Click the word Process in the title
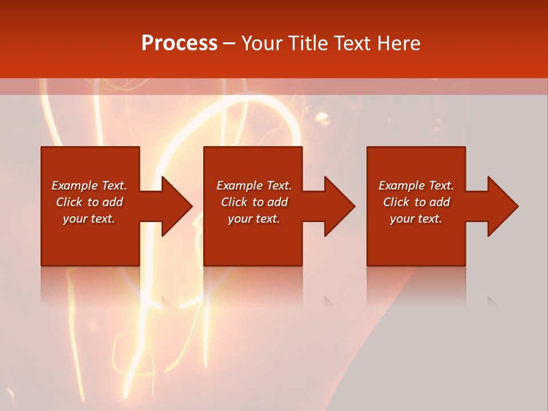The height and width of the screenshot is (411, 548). pos(179,43)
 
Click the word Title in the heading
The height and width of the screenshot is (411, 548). pos(308,43)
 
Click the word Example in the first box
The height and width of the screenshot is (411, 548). pos(74,186)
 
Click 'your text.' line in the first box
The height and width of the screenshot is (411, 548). pos(88,219)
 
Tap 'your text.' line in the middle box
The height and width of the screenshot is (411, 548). pos(253,219)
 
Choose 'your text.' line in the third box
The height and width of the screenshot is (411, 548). pos(416,219)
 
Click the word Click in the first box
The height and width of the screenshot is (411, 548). pos(69,202)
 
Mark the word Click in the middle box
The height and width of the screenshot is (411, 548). pos(234,202)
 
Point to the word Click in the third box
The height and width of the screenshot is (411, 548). pos(396,202)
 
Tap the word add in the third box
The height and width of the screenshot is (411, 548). pos(440,202)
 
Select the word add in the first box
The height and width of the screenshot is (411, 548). pos(113,202)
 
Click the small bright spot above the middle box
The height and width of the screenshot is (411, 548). pos(323,119)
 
